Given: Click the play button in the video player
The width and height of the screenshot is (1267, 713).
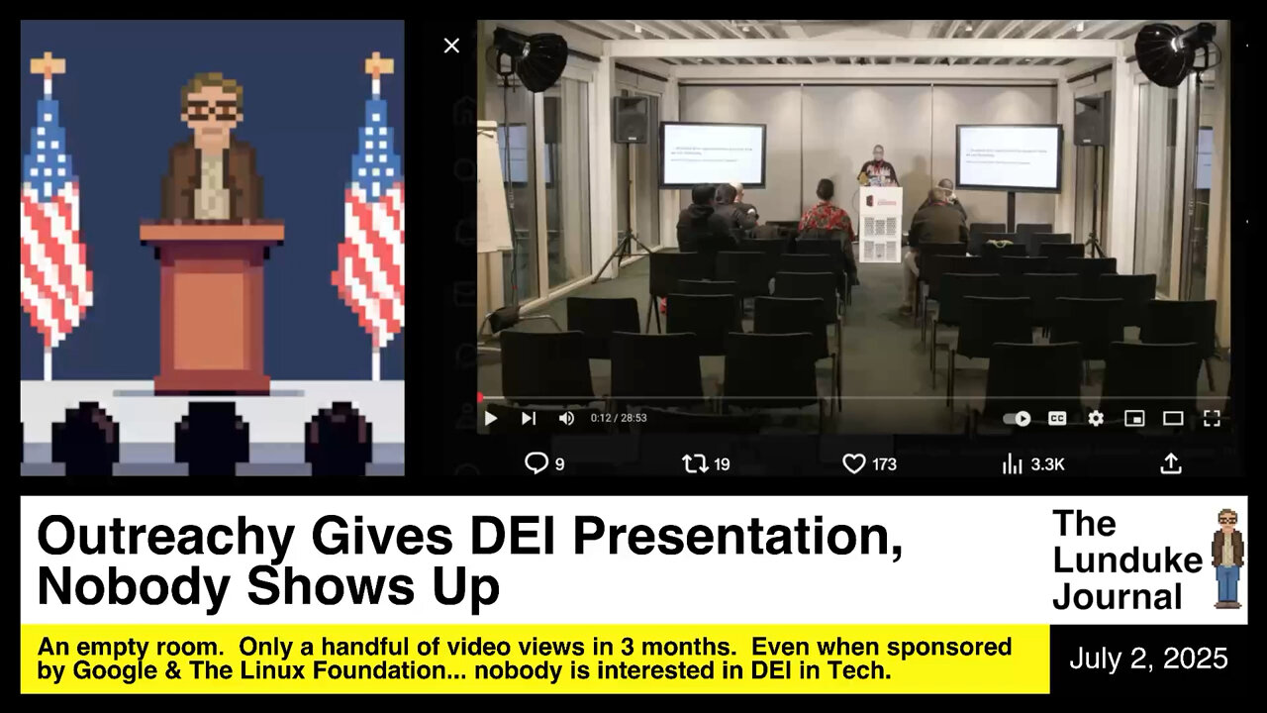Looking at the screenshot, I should pos(490,418).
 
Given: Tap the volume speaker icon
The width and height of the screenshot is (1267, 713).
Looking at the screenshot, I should pos(566,418).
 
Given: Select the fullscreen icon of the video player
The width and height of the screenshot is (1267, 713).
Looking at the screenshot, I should pos(1212,418).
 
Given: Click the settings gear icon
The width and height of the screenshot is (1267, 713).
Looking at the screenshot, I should pos(1096,418).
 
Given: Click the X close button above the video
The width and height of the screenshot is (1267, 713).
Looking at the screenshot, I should pos(451,46).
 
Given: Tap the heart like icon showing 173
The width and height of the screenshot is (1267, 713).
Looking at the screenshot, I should pos(853,463).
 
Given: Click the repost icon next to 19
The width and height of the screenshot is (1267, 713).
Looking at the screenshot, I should pos(695,463).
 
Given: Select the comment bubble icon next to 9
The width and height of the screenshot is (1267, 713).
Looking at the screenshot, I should pos(536,463).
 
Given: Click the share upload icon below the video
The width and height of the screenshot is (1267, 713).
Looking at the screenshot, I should pos(1170,463).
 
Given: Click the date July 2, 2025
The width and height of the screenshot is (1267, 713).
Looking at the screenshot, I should pos(1148,660).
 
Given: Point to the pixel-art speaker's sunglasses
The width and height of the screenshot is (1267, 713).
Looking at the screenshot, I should pos(212,111).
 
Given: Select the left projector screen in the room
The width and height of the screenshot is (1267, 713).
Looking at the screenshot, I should pos(713,154).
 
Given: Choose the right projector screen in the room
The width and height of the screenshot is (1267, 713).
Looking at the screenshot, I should pos(1009,156).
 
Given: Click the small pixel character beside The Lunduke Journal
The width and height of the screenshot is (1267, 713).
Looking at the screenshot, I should pos(1228,559).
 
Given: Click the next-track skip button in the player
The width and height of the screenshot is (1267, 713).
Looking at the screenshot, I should pos(529,418).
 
